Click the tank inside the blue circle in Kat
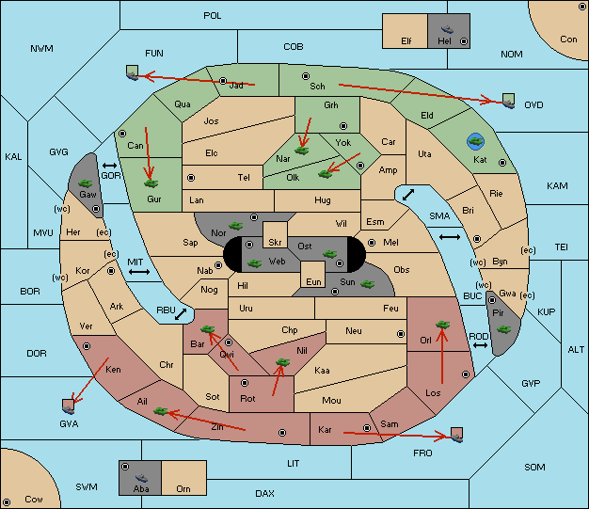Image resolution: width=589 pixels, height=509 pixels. click(475, 142)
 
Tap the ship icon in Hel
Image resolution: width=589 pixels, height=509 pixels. click(447, 29)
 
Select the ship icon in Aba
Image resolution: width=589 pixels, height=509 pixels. click(141, 477)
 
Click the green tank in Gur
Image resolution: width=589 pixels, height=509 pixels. click(151, 183)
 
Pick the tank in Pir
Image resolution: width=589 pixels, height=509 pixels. click(503, 329)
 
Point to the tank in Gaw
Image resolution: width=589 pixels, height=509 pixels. click(86, 183)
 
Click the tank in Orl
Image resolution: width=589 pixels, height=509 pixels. click(442, 325)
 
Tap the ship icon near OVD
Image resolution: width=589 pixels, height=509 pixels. click(509, 101)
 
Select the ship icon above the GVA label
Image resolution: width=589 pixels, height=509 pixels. click(69, 406)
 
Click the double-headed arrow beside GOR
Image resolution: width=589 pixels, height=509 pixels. click(110, 166)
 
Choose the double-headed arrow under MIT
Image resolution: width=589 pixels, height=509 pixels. click(139, 272)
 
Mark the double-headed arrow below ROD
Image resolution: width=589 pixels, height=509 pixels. click(480, 345)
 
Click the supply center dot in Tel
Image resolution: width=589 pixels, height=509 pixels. click(191, 177)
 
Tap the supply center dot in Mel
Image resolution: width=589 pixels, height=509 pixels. click(372, 243)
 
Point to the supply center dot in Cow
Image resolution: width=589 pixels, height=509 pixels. click(7, 502)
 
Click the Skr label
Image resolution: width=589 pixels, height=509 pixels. click(275, 243)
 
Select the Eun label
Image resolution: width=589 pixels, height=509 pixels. click(313, 281)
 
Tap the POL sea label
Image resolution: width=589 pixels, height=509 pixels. click(213, 16)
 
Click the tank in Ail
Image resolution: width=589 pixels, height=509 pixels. click(160, 411)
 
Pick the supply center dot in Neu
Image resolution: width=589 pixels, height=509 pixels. click(401, 334)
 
